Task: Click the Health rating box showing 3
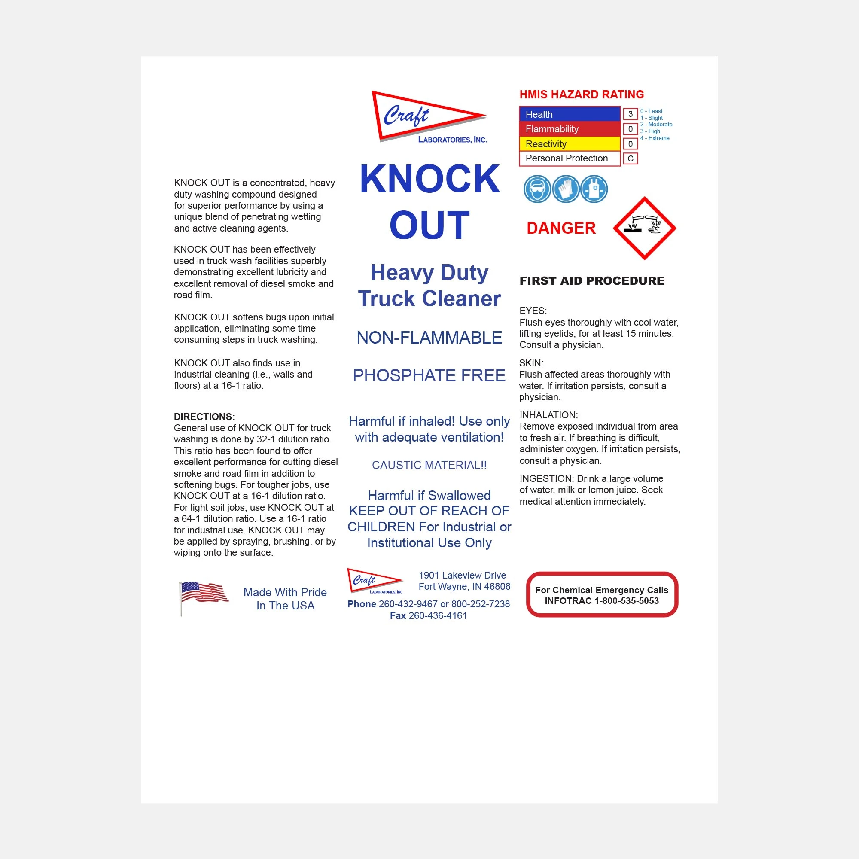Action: click(x=630, y=114)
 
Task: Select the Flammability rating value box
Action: click(x=630, y=129)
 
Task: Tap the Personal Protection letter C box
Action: click(x=630, y=158)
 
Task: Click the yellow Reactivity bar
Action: click(x=570, y=143)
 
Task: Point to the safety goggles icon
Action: click(x=537, y=189)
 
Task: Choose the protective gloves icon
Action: click(x=566, y=189)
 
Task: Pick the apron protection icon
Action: click(x=594, y=189)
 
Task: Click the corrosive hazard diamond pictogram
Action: click(x=644, y=228)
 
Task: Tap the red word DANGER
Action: click(x=561, y=228)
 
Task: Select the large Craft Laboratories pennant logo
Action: click(x=429, y=117)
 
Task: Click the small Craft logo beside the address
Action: click(x=375, y=581)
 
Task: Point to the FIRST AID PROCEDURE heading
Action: click(x=592, y=280)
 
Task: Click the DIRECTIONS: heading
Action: click(x=204, y=417)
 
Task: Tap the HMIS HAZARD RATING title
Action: click(x=582, y=94)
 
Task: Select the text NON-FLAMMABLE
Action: click(x=429, y=338)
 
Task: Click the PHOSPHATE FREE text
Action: click(x=429, y=376)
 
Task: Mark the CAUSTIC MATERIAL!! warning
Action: click(x=429, y=465)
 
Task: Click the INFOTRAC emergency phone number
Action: click(x=602, y=601)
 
